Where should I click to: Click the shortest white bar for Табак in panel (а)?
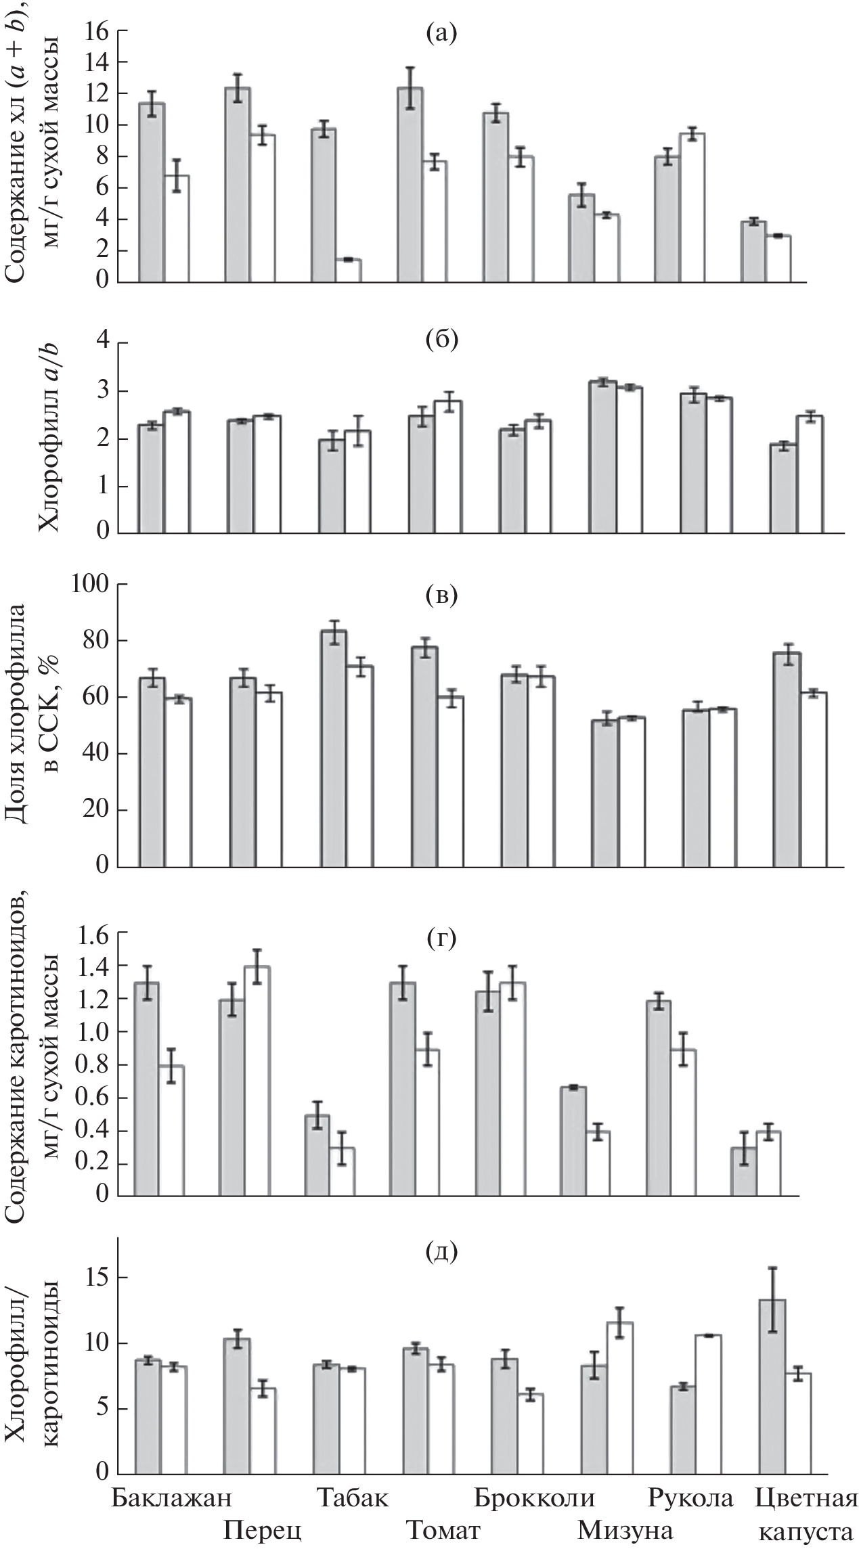point(349,271)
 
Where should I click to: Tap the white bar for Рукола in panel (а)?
point(692,208)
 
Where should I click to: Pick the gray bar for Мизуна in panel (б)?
point(604,457)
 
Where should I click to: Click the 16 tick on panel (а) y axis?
point(97,30)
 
